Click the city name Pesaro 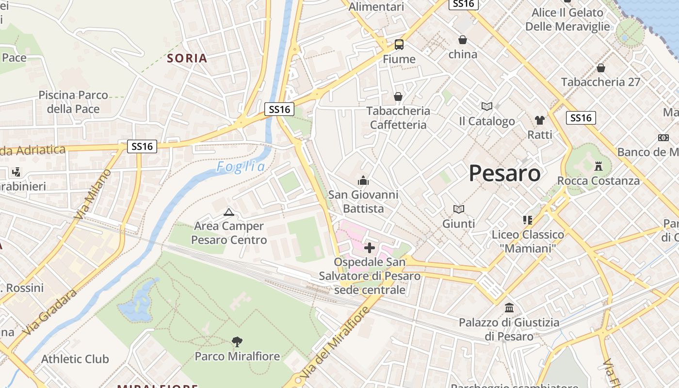coord(504,173)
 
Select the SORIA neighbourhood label coord(187,58)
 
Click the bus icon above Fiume coord(399,45)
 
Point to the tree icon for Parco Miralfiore coord(237,342)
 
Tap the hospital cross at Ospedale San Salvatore coord(370,248)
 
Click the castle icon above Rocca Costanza coord(598,166)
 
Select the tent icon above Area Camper coord(228,211)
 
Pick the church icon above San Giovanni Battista coord(363,181)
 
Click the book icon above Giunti coord(458,209)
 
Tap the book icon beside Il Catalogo coord(486,106)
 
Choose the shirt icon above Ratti coord(539,120)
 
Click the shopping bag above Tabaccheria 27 coord(601,68)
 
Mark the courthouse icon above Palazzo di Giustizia coord(509,307)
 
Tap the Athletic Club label coord(75,359)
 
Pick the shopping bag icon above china coord(463,40)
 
